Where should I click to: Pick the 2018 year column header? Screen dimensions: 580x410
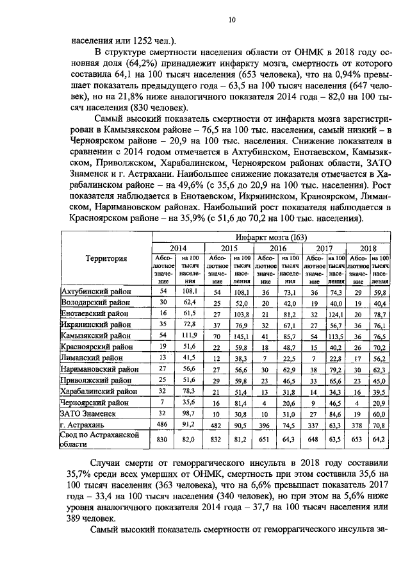(x=368, y=248)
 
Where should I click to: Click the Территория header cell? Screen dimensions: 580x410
(x=105, y=259)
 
